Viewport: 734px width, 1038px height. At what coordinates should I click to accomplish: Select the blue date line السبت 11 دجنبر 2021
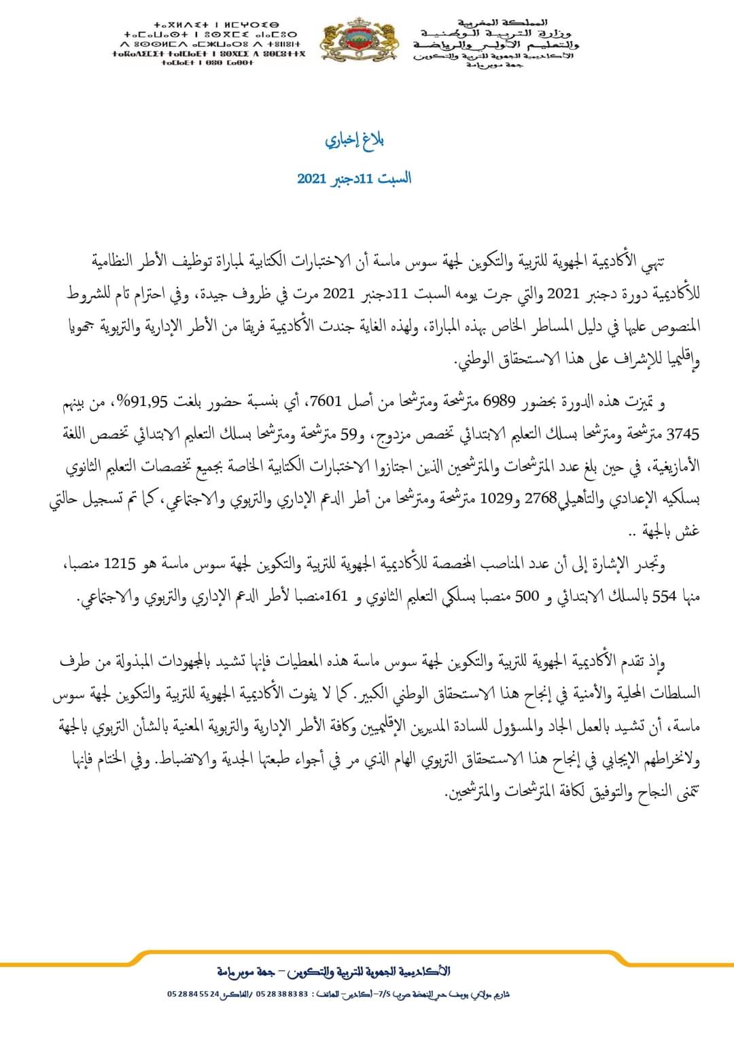point(354,179)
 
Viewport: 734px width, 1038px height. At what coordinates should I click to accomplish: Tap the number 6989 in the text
point(500,403)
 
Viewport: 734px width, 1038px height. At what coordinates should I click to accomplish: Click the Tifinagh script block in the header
point(211,43)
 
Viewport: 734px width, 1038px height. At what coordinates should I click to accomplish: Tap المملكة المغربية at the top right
point(500,23)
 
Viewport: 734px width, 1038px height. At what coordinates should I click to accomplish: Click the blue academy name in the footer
point(334,971)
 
